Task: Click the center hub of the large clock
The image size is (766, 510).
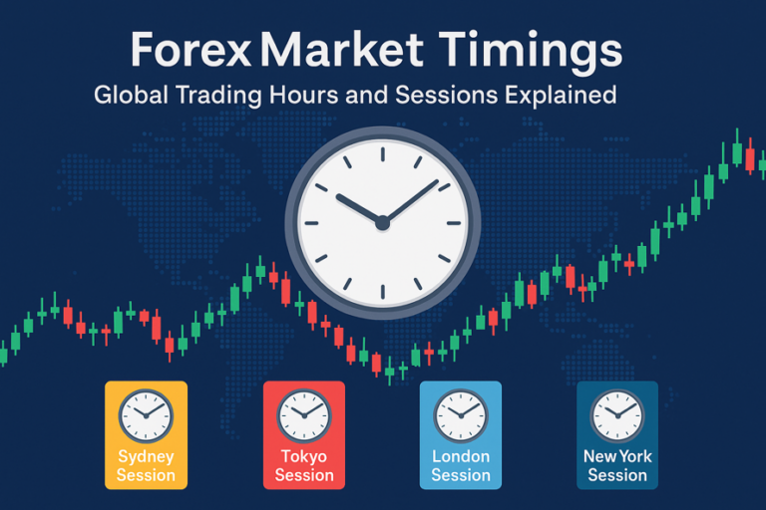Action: click(x=382, y=223)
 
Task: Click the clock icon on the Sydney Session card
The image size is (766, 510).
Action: click(x=146, y=414)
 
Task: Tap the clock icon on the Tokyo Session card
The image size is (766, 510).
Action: click(x=303, y=414)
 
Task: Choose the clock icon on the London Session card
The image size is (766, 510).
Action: click(x=461, y=414)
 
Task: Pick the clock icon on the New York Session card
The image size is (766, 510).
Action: click(x=617, y=414)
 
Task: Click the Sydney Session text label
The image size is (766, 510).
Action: click(x=146, y=466)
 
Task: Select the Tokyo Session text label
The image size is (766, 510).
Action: click(x=303, y=466)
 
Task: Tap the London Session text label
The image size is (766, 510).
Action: click(x=461, y=466)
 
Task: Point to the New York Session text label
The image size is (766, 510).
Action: click(x=617, y=466)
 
